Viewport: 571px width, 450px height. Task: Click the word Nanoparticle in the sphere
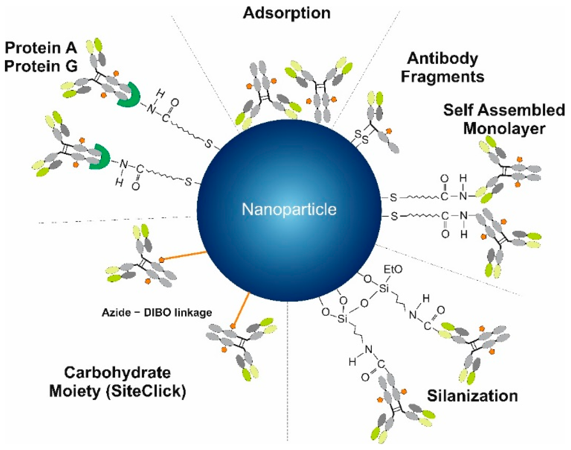click(289, 209)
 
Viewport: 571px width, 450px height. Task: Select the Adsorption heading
click(287, 13)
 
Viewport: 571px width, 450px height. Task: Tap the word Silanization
click(472, 396)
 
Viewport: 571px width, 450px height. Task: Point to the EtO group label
click(393, 269)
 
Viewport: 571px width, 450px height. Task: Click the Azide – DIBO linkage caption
click(157, 313)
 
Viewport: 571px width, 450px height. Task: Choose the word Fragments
click(442, 77)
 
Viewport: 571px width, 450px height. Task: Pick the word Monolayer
click(504, 129)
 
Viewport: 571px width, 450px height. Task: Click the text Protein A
click(41, 48)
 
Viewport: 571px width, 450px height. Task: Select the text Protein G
click(41, 66)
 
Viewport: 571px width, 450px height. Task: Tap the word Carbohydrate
click(118, 372)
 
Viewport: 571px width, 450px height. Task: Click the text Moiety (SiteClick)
click(118, 391)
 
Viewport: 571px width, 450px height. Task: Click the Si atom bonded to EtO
click(384, 289)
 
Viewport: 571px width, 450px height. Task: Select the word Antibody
click(442, 59)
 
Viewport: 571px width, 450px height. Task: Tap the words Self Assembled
click(504, 110)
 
